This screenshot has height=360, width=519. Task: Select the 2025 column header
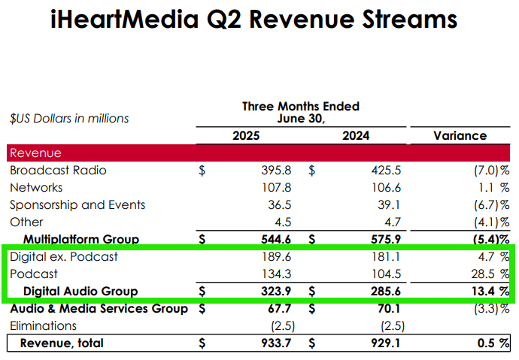pos(246,136)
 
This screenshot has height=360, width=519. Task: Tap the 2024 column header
pos(355,136)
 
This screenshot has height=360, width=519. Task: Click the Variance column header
pos(460,136)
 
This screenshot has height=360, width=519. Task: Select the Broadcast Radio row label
pos(58,171)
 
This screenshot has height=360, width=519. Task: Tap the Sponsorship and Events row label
pos(77,205)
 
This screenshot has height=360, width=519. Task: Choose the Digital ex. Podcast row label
pos(64,257)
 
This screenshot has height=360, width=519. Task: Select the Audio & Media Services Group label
pos(98,309)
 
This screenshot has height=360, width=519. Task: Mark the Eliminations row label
pos(43,326)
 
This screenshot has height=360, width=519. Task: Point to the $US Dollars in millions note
pos(69,118)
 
